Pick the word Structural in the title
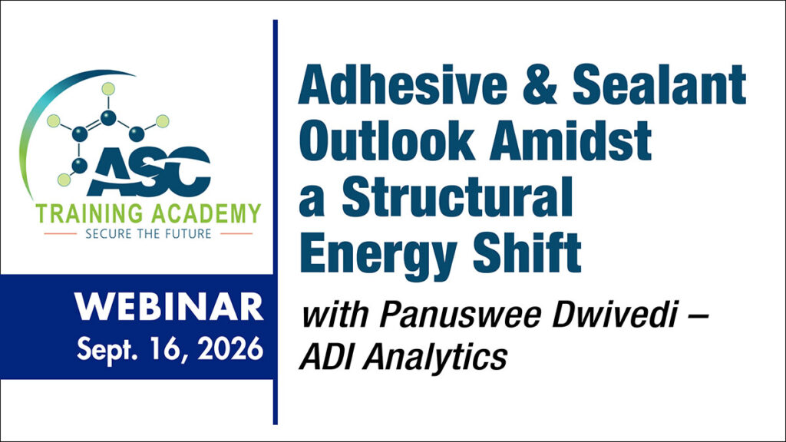pos(457,197)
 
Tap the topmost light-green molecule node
pos(108,87)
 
